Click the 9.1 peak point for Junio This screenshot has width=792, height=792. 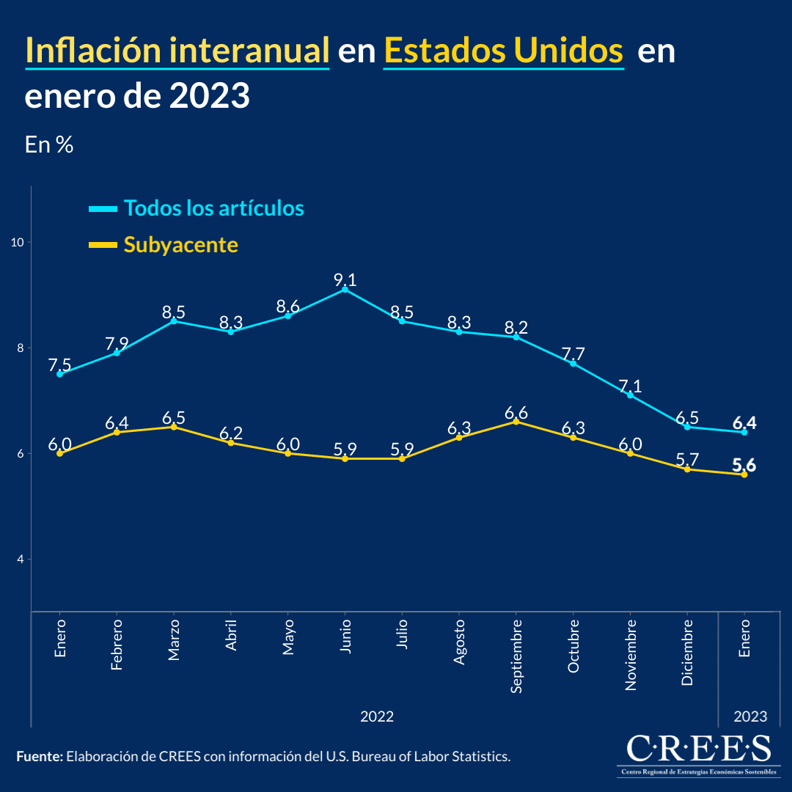[x=345, y=290]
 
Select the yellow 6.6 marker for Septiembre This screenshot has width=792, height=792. [x=516, y=422]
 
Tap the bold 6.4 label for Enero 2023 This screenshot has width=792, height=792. [x=744, y=423]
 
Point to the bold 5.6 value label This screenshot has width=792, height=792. [x=744, y=465]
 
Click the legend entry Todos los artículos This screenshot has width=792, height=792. [x=213, y=208]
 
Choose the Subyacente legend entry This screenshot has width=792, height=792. [x=180, y=244]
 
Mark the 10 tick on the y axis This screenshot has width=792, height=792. [x=18, y=242]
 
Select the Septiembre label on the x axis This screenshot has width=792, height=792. [x=516, y=656]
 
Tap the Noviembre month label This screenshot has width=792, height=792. [x=631, y=654]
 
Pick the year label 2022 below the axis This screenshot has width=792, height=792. [x=377, y=716]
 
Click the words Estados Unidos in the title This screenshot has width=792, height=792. [x=503, y=51]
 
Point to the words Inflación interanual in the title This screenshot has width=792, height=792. [x=177, y=51]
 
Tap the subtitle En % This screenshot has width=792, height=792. [x=49, y=144]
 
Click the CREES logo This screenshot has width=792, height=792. [x=699, y=754]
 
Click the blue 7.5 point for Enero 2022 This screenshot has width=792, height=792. [x=59, y=374]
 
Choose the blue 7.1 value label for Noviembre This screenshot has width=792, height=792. [x=630, y=386]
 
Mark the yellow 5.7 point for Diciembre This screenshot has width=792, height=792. [x=687, y=469]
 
